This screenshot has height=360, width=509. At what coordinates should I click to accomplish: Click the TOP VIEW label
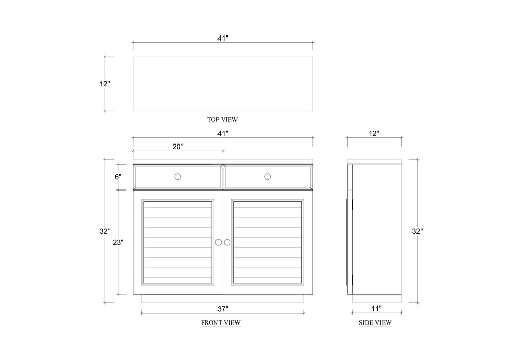click(x=222, y=119)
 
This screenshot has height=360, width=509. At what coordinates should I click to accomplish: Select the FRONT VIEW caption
click(x=221, y=323)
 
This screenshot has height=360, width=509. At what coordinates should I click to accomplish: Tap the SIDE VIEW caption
click(x=375, y=323)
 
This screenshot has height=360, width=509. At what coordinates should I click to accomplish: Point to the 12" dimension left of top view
click(x=105, y=83)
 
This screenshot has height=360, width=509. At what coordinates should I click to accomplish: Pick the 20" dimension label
click(x=177, y=147)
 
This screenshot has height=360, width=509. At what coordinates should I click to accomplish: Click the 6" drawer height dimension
click(x=118, y=176)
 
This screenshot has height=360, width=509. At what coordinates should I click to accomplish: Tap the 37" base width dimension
click(x=222, y=309)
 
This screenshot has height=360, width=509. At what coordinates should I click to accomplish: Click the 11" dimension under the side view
click(x=376, y=309)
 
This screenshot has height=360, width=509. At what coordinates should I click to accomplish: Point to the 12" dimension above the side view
click(x=374, y=133)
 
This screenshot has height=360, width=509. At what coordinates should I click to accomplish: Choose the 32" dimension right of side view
click(x=417, y=231)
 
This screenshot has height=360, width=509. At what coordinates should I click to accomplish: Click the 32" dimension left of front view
click(x=105, y=231)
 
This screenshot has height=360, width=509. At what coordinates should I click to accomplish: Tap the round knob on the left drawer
click(x=178, y=176)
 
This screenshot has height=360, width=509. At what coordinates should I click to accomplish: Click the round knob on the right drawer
click(x=268, y=176)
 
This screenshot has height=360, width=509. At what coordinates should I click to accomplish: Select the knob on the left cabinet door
click(x=218, y=242)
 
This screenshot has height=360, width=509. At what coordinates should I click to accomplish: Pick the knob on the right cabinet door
click(x=227, y=242)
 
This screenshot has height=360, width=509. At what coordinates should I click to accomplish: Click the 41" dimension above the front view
click(x=222, y=133)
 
